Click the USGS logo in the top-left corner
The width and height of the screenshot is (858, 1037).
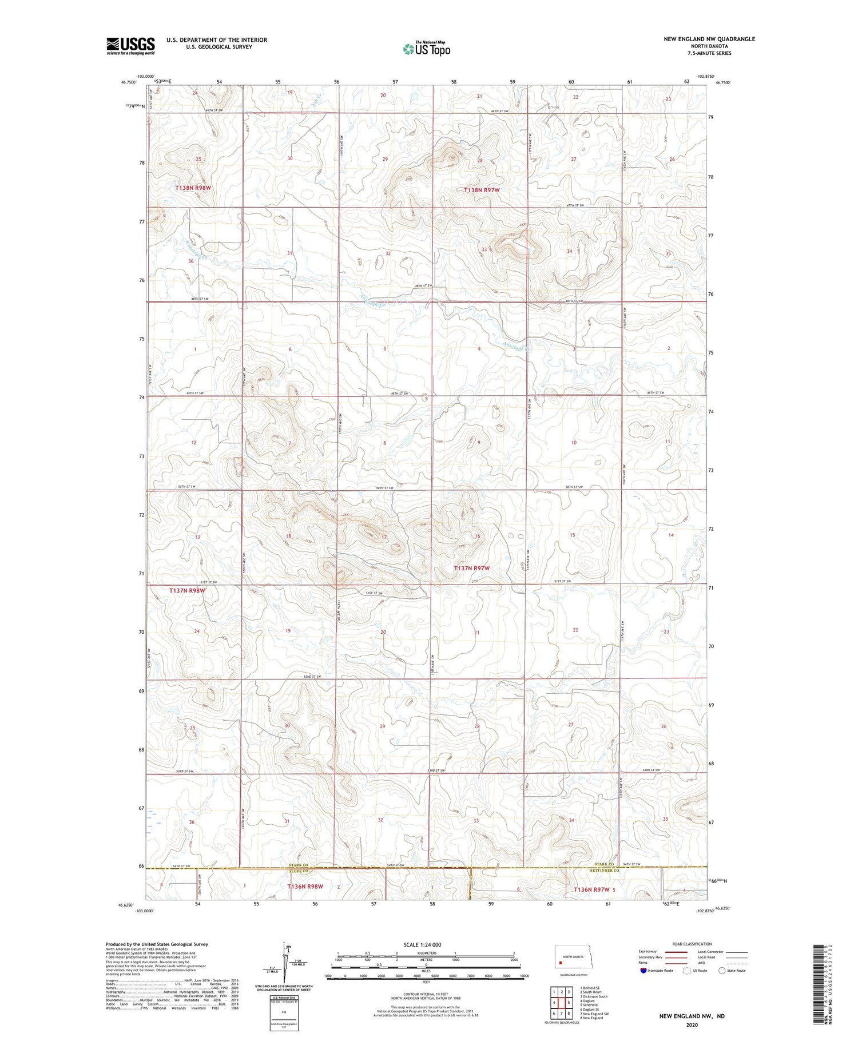pyautogui.click(x=130, y=46)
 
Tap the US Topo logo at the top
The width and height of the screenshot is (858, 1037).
pyautogui.click(x=426, y=49)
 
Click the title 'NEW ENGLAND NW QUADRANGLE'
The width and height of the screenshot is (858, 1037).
pyautogui.click(x=709, y=39)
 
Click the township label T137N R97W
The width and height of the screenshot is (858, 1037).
pyautogui.click(x=472, y=568)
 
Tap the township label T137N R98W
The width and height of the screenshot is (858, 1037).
pyautogui.click(x=187, y=590)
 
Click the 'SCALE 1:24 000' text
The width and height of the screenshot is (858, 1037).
pyautogui.click(x=422, y=944)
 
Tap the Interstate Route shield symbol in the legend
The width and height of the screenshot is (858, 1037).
pyautogui.click(x=643, y=970)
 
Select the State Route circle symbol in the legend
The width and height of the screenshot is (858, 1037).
pyautogui.click(x=722, y=970)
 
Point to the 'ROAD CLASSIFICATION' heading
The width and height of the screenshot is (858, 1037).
pyautogui.click(x=692, y=944)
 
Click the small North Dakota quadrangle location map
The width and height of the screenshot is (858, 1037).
pyautogui.click(x=571, y=957)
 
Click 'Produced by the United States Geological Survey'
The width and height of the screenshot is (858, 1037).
pyautogui.click(x=157, y=944)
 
